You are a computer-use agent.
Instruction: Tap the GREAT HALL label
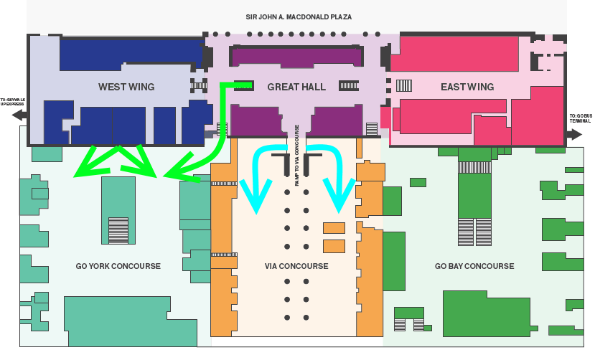[x=296, y=87]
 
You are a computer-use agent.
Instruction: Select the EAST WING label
[x=467, y=87]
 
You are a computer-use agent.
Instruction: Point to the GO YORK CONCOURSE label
[x=118, y=266]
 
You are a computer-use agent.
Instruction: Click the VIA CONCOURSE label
[x=296, y=266]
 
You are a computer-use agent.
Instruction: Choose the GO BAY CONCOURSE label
[x=474, y=266]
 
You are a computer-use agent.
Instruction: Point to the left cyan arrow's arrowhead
[x=256, y=201]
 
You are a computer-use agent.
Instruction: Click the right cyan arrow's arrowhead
[x=339, y=201]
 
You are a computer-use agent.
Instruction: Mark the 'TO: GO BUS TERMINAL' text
[x=581, y=118]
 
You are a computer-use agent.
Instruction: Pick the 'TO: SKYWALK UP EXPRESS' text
[x=13, y=101]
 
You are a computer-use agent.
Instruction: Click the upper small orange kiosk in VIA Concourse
[x=334, y=229]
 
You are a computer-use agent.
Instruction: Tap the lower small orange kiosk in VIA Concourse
[x=334, y=246]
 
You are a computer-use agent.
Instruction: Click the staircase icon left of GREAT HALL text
[x=243, y=85]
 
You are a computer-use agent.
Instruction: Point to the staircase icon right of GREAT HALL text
[x=349, y=85]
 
